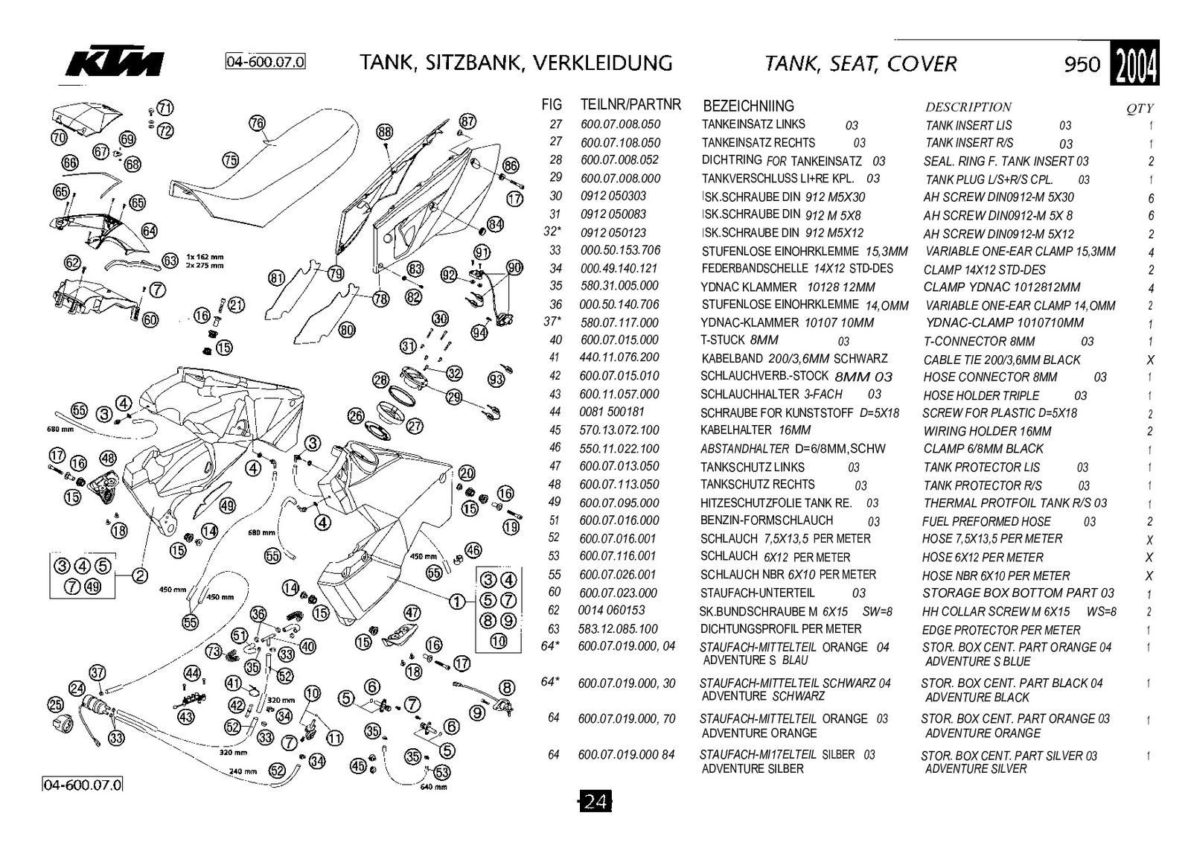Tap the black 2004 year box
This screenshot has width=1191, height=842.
coord(1135,64)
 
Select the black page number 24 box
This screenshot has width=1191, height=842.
coord(595,802)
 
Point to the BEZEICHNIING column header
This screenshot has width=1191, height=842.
coord(748,106)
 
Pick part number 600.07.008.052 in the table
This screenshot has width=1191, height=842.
coord(619,160)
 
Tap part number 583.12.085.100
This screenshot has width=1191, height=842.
coord(619,629)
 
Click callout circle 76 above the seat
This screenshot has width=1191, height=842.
coord(257,124)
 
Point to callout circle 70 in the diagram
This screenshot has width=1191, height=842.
coord(60,138)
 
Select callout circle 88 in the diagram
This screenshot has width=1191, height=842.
coord(384,132)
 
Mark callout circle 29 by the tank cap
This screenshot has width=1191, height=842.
coord(454,396)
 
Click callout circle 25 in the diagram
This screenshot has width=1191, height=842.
coord(56,705)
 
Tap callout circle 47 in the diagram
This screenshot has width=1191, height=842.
coord(412,613)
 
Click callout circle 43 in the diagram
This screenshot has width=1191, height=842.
coord(185,717)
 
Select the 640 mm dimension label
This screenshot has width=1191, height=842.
coord(434,787)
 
